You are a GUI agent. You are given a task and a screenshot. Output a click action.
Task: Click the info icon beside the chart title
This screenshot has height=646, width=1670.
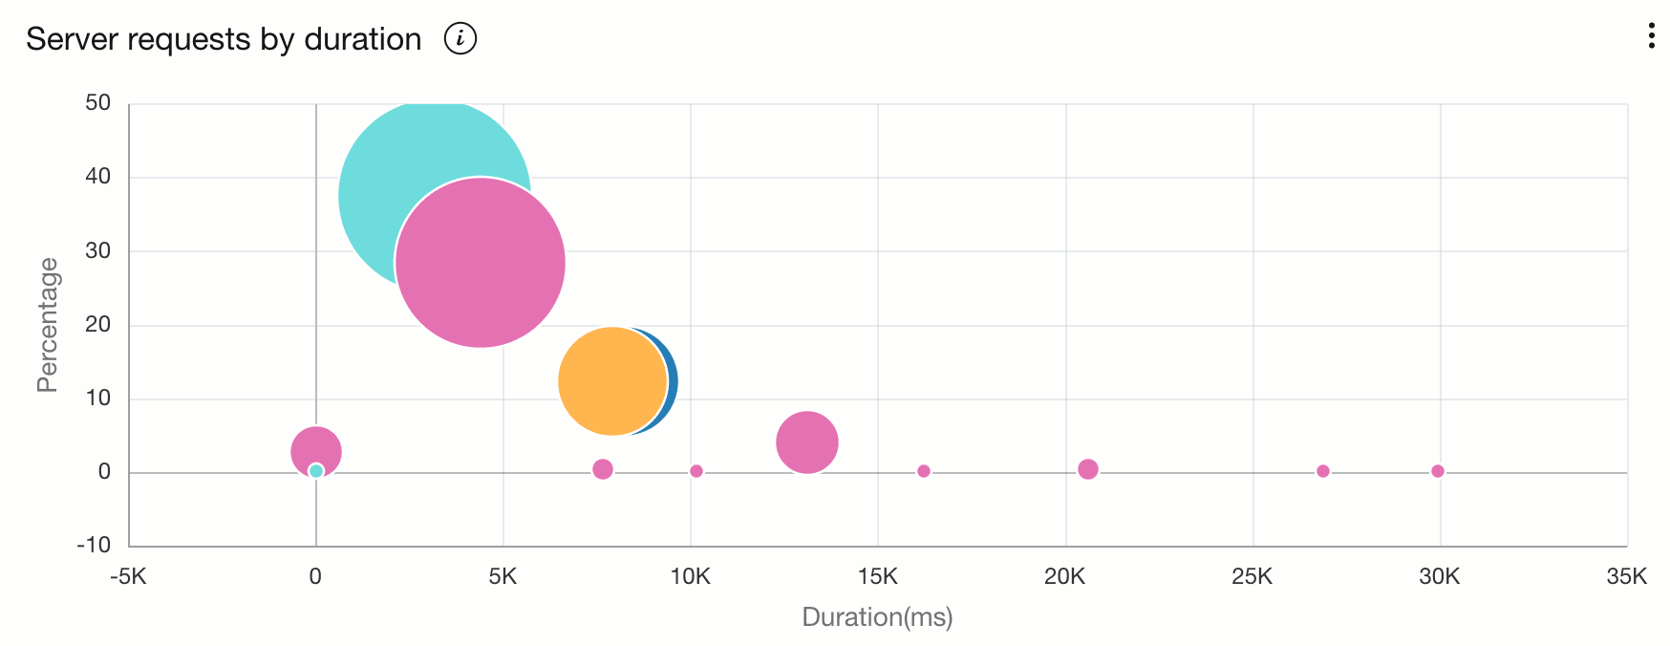coord(460,39)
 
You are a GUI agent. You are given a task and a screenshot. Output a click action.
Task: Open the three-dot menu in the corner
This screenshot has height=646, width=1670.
coord(1651,36)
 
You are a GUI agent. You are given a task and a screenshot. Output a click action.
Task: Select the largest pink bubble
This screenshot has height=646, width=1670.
coord(481,263)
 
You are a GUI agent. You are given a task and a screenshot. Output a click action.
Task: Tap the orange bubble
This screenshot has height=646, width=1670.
coord(610,381)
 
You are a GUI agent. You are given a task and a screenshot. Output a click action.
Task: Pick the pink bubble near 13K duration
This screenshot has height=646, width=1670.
coord(807,442)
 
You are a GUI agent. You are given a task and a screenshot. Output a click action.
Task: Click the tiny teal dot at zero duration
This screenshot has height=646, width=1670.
coord(316,471)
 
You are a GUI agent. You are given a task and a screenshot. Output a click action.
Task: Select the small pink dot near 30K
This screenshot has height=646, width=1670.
coord(1438,471)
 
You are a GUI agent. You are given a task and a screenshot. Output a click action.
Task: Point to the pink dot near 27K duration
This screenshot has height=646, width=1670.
coord(1323,471)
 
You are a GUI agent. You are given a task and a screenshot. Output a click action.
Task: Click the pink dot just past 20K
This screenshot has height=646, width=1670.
coord(1088,469)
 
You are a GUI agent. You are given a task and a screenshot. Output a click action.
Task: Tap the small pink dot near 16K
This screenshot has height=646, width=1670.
coord(924,471)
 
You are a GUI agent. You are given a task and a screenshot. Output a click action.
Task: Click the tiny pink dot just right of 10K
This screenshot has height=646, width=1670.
coord(696,471)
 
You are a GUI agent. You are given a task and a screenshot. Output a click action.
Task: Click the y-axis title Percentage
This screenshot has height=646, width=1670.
coord(47,325)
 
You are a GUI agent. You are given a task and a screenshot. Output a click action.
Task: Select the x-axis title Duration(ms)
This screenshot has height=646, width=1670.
coord(877,617)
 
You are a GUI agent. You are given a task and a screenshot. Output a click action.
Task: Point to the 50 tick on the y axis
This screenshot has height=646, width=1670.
coord(97,102)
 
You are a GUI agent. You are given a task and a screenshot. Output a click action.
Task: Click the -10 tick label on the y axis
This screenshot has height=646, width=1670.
coord(95,545)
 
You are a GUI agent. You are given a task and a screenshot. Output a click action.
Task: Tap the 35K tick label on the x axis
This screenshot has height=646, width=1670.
coord(1627,577)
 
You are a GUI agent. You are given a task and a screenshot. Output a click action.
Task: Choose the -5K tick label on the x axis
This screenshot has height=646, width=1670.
coord(128,577)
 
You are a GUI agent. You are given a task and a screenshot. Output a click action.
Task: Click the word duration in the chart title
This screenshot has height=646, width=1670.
coord(362,39)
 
